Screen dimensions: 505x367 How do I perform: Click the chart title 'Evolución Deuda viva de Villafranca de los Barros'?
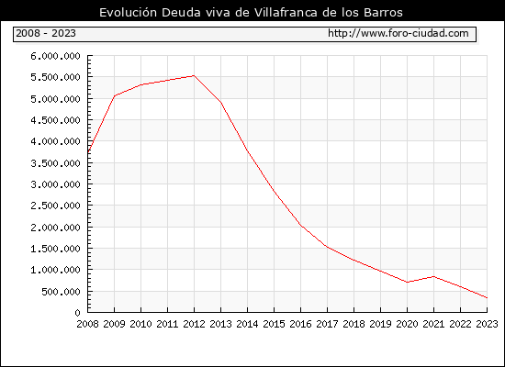(x=251, y=12)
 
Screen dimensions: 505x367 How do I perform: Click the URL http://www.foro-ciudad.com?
(x=398, y=33)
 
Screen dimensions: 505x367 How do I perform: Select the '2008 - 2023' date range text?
(x=46, y=33)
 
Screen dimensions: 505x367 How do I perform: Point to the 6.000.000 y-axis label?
(x=55, y=56)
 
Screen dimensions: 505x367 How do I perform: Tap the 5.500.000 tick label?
(x=55, y=77)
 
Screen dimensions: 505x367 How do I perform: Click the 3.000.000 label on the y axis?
(x=55, y=184)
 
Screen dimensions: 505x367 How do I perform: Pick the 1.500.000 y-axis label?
(x=55, y=249)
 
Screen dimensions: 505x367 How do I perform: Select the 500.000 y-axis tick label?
(x=61, y=292)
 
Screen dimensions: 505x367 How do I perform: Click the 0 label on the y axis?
(x=77, y=313)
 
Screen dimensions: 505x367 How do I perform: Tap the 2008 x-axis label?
(x=87, y=324)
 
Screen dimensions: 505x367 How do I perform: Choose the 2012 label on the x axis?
(x=194, y=324)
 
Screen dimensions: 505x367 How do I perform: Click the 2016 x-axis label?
(x=300, y=324)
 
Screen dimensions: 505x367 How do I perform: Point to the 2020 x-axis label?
(x=407, y=324)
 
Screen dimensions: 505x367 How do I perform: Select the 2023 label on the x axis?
(x=487, y=324)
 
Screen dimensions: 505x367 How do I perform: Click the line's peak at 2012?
(x=194, y=75)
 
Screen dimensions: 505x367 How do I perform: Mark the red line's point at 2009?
(x=115, y=96)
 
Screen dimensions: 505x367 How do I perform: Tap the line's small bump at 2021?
(x=433, y=276)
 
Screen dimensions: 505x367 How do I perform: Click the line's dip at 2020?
(x=407, y=282)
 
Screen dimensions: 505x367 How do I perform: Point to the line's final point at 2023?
(x=487, y=298)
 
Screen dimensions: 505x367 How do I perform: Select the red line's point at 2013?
(x=221, y=103)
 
